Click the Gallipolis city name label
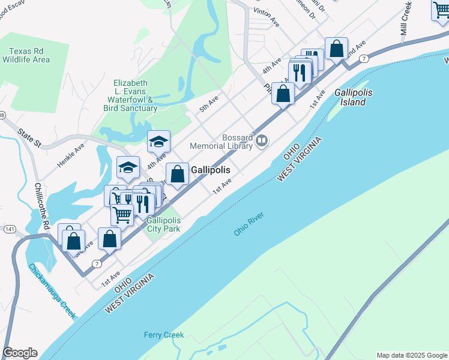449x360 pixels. click(211, 170)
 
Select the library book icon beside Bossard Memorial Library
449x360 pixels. click(262, 141)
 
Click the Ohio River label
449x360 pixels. click(249, 223)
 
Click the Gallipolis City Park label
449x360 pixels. click(164, 224)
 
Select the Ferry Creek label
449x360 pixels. click(164, 335)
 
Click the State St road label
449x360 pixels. click(29, 137)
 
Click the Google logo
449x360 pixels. click(20, 353)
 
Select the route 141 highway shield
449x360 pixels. click(9, 229)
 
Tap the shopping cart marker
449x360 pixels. click(122, 214)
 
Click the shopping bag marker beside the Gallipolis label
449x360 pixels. click(177, 175)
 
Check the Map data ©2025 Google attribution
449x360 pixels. click(412, 355)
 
